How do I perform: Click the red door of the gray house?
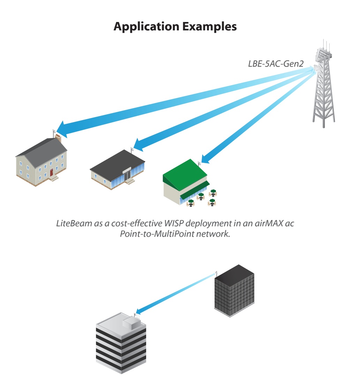[x=51, y=172]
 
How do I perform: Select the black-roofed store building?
[x=118, y=170]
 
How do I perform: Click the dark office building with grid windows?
[x=234, y=292]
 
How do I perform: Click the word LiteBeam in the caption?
[x=73, y=224]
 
